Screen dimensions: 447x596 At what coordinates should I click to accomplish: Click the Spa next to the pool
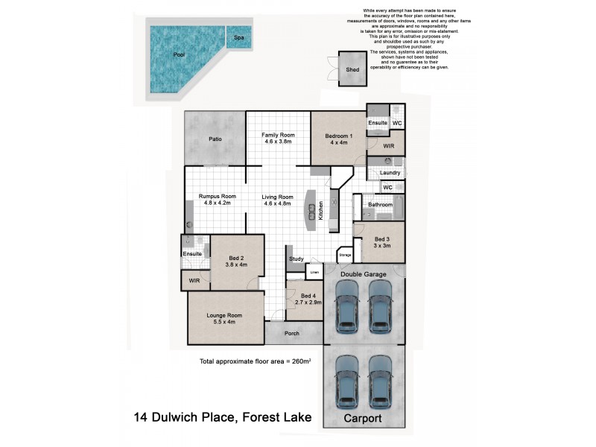click(x=238, y=37)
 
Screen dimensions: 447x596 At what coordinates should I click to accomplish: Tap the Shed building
click(x=352, y=69)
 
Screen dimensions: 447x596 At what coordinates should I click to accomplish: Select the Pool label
click(x=178, y=55)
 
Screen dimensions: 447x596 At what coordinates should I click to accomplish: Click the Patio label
click(x=215, y=139)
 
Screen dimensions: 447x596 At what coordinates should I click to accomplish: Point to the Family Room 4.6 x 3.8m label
click(x=279, y=138)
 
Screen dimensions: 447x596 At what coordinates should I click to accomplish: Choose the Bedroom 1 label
click(x=338, y=139)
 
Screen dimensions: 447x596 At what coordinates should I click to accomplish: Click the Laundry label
click(x=390, y=173)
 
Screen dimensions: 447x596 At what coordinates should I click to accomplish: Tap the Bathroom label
click(x=380, y=203)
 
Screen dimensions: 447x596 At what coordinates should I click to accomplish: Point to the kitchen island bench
click(x=308, y=215)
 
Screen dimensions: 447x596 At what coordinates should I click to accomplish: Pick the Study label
click(x=296, y=259)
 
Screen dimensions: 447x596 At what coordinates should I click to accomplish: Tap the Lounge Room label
click(x=224, y=319)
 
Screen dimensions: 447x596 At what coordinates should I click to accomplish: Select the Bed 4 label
click(x=308, y=300)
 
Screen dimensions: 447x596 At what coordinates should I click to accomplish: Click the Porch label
click(x=292, y=333)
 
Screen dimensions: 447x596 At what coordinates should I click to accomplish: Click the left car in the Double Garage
click(x=346, y=312)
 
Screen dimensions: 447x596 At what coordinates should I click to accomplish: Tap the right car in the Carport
click(x=379, y=381)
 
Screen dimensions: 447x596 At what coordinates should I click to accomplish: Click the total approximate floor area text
click(x=255, y=361)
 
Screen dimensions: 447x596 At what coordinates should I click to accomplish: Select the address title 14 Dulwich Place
click(x=221, y=417)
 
